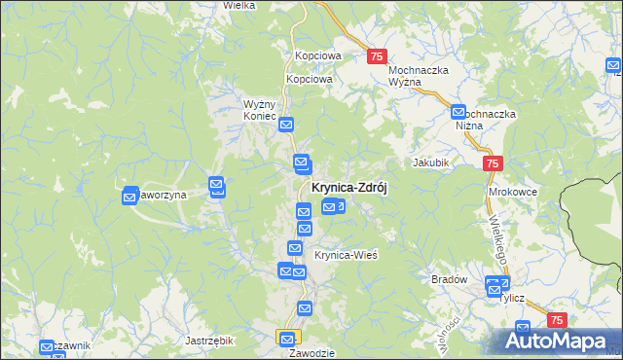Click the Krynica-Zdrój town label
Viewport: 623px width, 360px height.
pos(348,189)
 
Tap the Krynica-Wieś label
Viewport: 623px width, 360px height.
pos(346,255)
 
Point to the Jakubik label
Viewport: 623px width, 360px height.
pos(430,162)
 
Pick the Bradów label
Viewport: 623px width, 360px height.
pos(449,279)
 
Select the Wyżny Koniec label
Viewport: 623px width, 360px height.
pos(261,108)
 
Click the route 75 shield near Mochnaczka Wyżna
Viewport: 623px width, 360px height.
pos(379,57)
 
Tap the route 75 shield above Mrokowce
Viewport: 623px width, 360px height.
pos(493,164)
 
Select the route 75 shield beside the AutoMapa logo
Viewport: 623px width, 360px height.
pos(558,320)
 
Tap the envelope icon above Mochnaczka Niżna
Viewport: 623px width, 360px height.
pos(459,114)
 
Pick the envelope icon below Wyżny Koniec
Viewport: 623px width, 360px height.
pos(286,125)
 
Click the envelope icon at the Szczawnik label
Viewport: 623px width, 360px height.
pos(46,347)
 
